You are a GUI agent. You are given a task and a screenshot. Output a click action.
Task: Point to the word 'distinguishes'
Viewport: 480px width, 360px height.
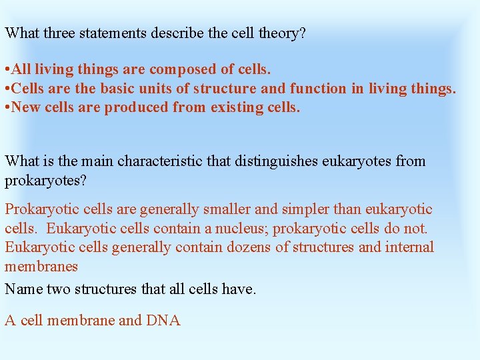pyautogui.click(x=257, y=161)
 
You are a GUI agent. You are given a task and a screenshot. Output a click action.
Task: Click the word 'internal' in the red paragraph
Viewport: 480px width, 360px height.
pyautogui.click(x=407, y=248)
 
